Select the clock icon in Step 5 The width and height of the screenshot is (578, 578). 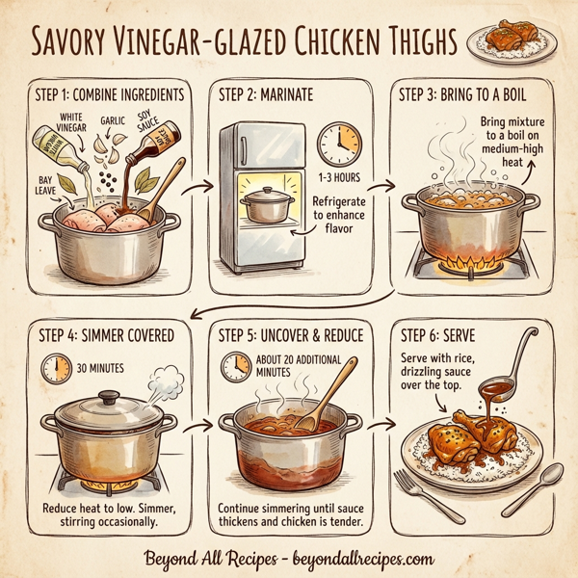[236, 367]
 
